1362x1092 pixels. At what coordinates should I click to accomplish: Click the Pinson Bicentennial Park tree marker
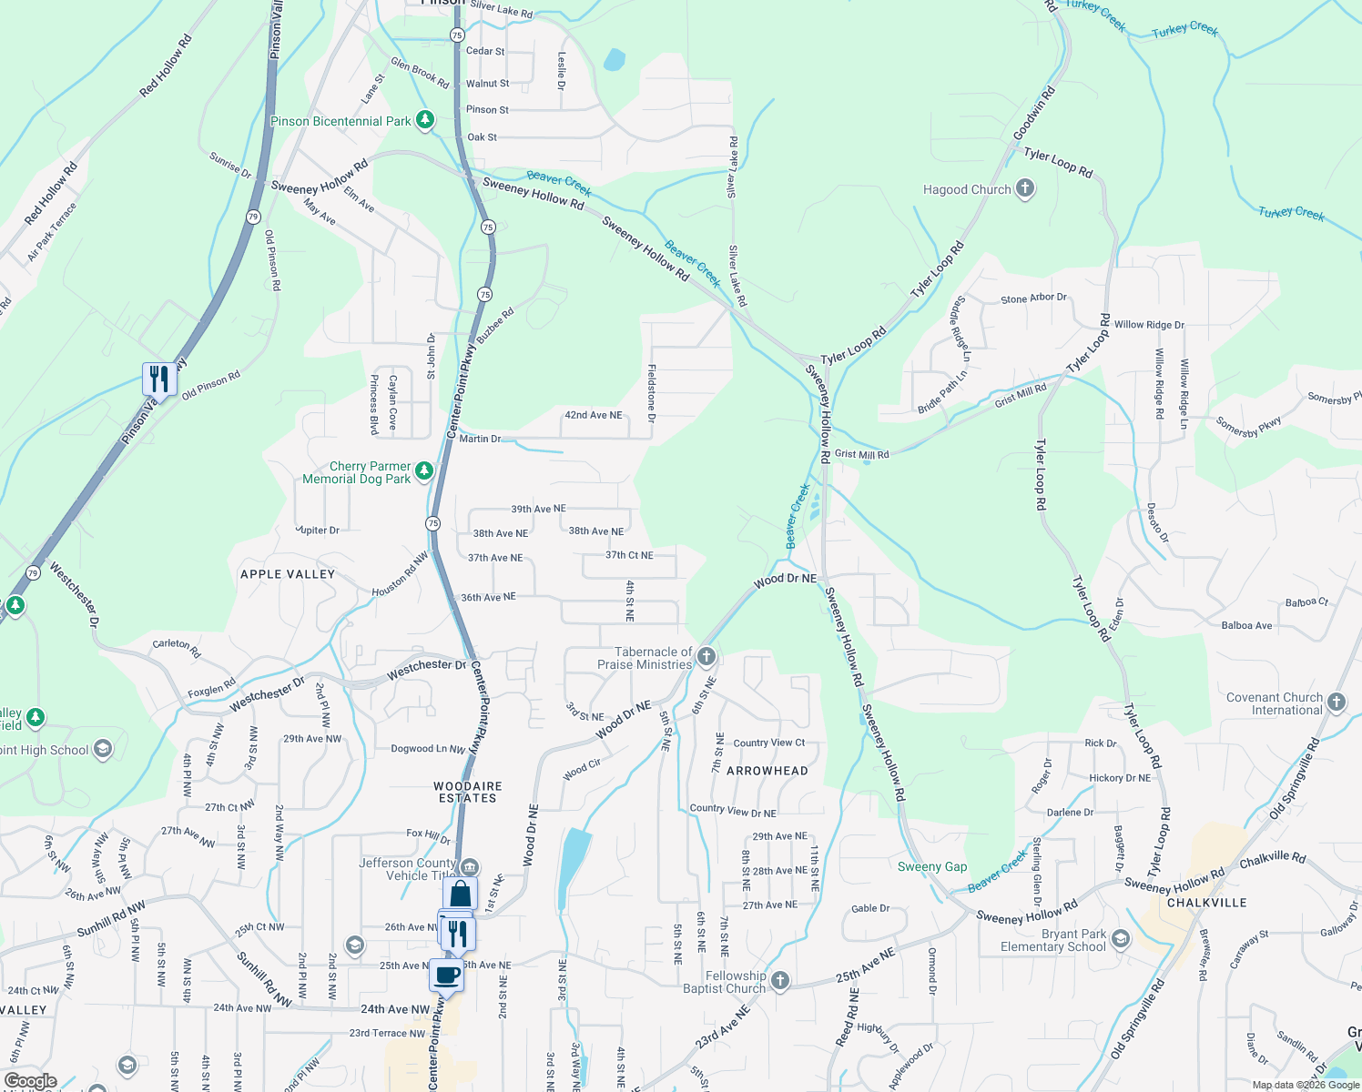(424, 120)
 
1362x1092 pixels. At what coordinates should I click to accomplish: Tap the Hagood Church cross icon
(1025, 188)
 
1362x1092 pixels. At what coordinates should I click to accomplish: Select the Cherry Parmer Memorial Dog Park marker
(424, 471)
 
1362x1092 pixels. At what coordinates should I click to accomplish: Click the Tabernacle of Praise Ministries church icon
(706, 656)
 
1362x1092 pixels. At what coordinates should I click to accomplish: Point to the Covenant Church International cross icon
(1337, 702)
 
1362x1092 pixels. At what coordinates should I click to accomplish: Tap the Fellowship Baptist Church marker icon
(779, 980)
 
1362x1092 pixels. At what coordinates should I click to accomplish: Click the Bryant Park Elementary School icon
(1121, 938)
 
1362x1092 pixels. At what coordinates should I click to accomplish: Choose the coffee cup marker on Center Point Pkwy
(446, 975)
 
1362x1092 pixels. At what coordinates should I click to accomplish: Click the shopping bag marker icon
(461, 894)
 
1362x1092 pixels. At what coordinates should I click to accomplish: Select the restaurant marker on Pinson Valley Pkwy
(159, 378)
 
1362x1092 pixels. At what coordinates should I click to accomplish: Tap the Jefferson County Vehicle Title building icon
(470, 866)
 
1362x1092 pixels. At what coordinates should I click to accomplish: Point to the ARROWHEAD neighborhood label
(767, 771)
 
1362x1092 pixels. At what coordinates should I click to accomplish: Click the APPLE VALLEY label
(288, 574)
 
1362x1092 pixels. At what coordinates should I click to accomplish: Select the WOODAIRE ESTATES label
(468, 792)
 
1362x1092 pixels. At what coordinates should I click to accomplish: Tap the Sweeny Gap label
(932, 866)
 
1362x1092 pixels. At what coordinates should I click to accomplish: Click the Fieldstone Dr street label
(652, 393)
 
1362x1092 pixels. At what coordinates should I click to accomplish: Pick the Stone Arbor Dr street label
(1033, 298)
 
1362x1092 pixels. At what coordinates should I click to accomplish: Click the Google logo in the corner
(30, 1080)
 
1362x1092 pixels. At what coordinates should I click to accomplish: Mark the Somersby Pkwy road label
(1248, 427)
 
